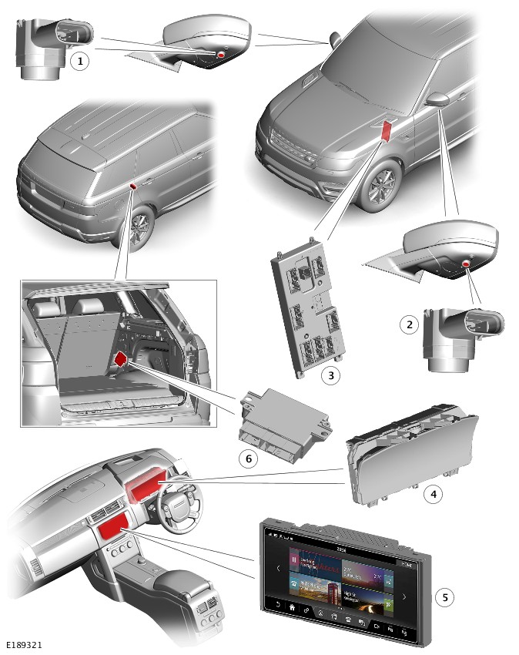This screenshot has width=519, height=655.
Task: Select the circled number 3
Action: click(330, 375)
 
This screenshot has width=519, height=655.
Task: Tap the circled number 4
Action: click(434, 494)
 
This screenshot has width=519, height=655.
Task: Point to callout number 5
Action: click(444, 597)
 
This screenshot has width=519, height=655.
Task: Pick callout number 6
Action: click(247, 458)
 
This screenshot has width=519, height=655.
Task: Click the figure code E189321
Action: click(24, 644)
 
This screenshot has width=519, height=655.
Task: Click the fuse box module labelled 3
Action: click(306, 308)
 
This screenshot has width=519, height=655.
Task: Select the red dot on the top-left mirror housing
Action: click(221, 56)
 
